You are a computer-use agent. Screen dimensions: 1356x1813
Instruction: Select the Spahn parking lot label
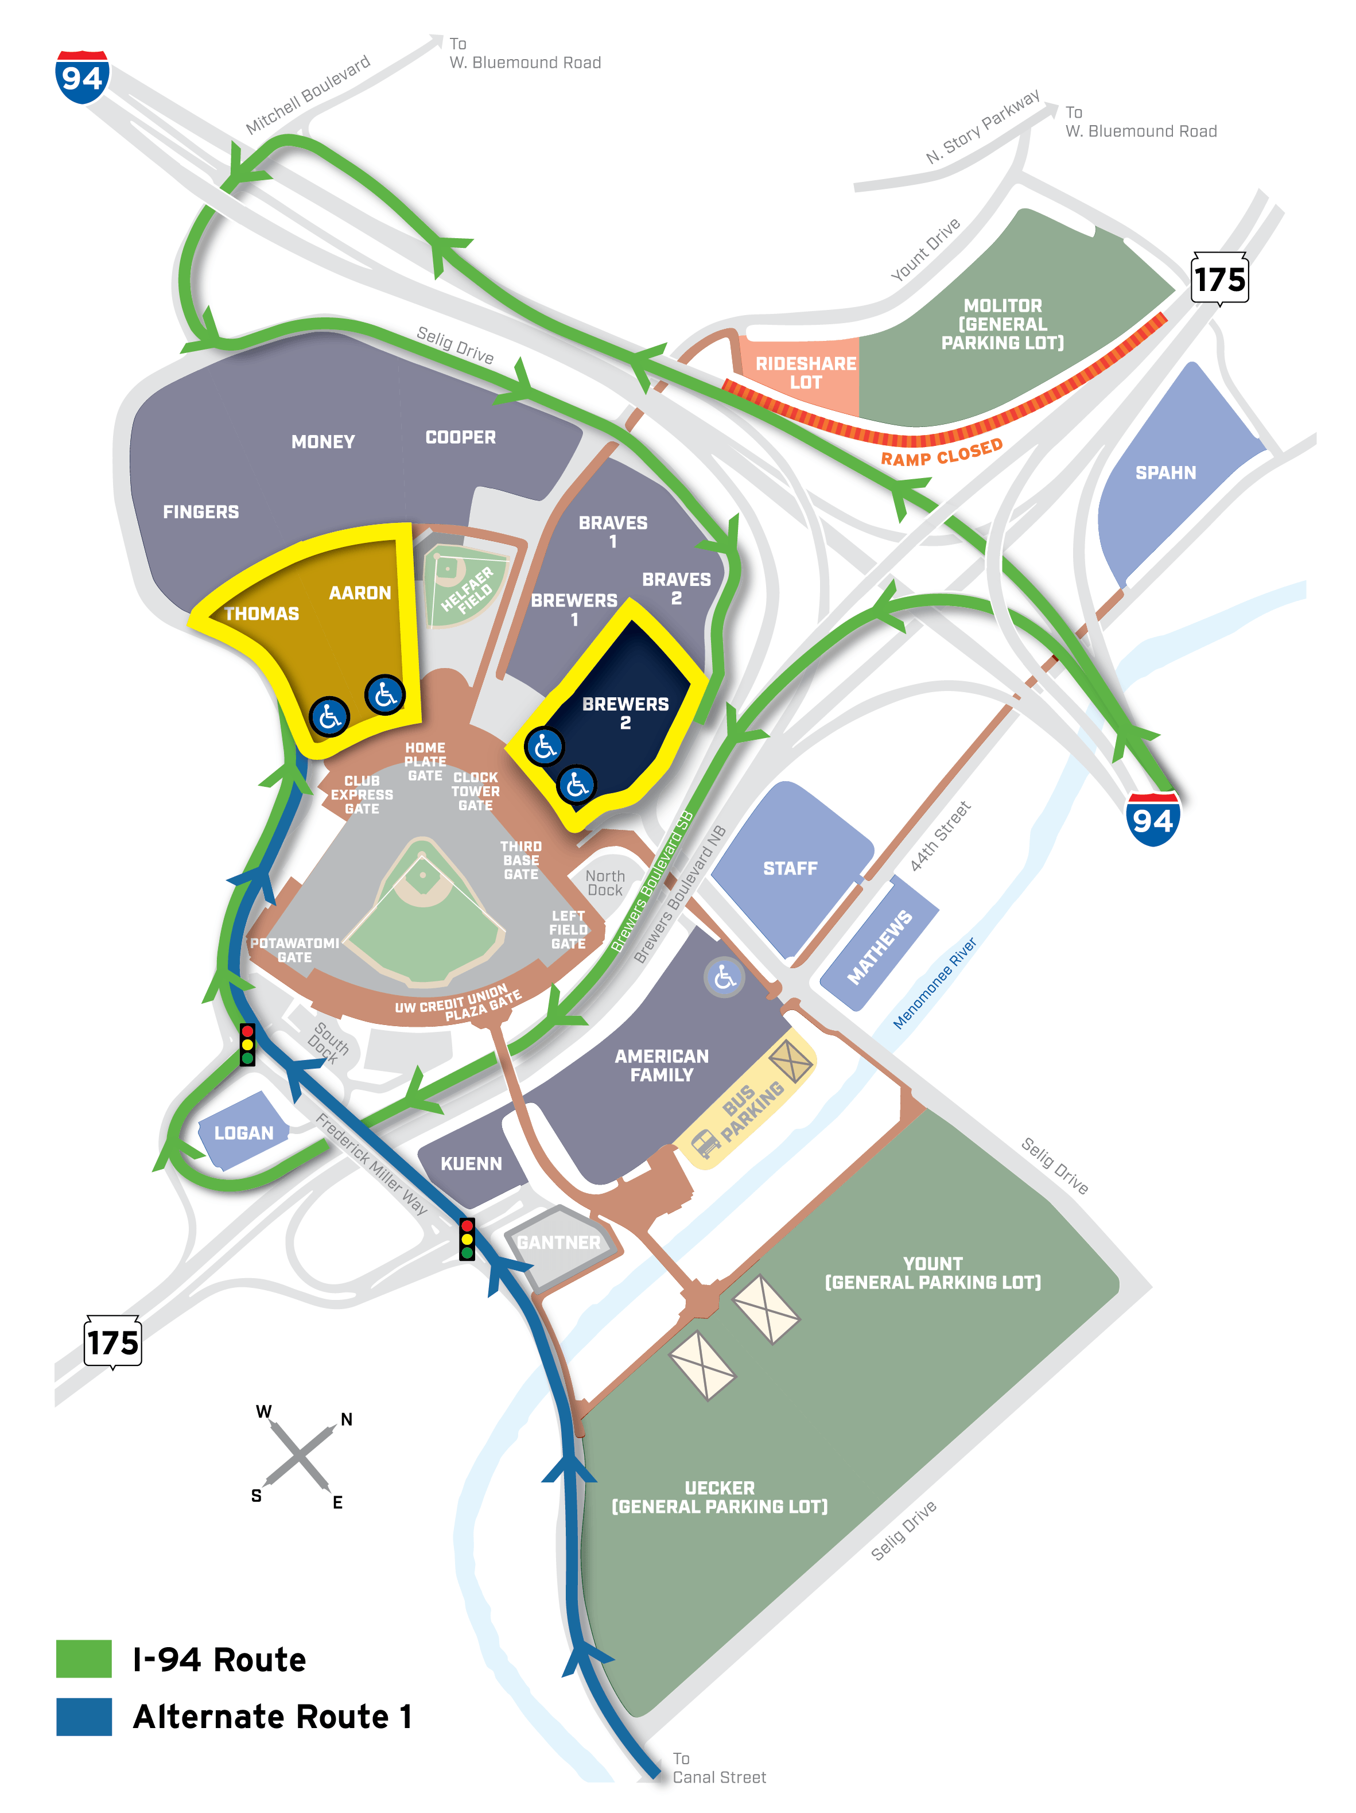click(x=1164, y=472)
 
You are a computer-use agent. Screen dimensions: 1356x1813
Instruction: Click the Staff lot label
click(x=790, y=868)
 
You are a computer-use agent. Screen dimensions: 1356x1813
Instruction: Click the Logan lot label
click(x=243, y=1133)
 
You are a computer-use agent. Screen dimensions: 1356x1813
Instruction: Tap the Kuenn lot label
click(x=471, y=1163)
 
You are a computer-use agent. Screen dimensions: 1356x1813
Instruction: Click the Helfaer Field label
click(x=467, y=588)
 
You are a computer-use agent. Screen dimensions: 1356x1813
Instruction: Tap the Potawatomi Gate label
click(x=294, y=950)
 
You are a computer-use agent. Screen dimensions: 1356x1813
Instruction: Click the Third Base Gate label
click(x=521, y=860)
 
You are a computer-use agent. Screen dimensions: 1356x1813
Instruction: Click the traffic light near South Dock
click(x=247, y=1044)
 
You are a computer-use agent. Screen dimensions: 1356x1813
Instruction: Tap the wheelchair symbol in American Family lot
click(x=724, y=976)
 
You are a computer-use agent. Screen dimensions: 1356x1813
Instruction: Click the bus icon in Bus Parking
click(x=705, y=1142)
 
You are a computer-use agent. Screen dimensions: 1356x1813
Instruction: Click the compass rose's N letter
click(x=347, y=1420)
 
